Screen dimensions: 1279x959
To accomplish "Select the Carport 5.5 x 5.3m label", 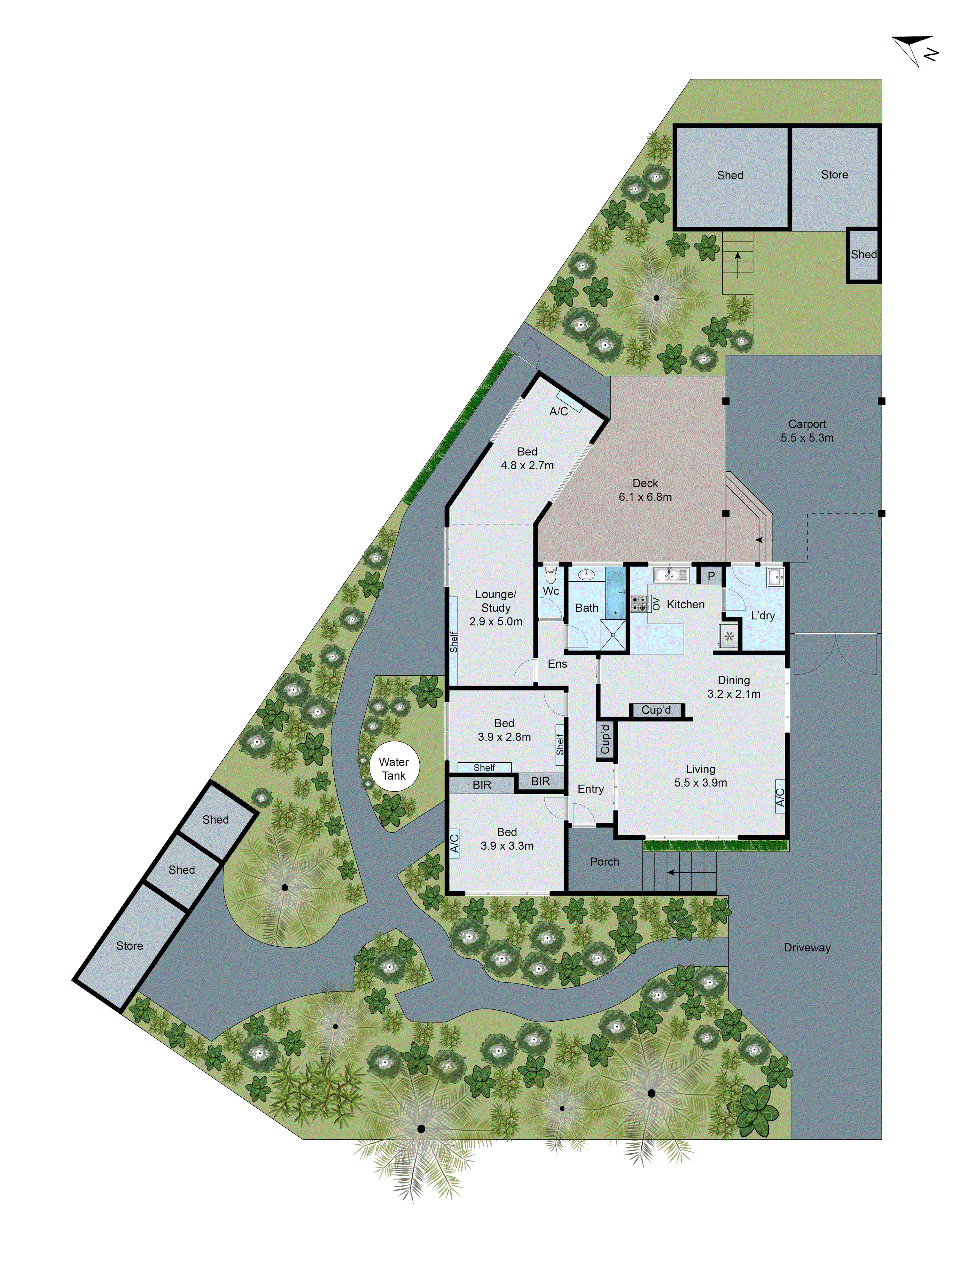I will [807, 431].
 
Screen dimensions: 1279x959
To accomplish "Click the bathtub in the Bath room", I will [615, 593].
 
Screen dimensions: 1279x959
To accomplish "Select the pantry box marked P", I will [711, 575].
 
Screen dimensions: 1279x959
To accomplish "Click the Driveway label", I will [807, 947].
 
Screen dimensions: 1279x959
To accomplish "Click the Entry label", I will [590, 789].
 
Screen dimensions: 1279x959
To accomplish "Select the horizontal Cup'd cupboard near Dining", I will [656, 710].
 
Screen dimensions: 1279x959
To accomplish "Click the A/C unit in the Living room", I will [780, 797].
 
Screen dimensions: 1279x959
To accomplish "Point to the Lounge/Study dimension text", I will [495, 622].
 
